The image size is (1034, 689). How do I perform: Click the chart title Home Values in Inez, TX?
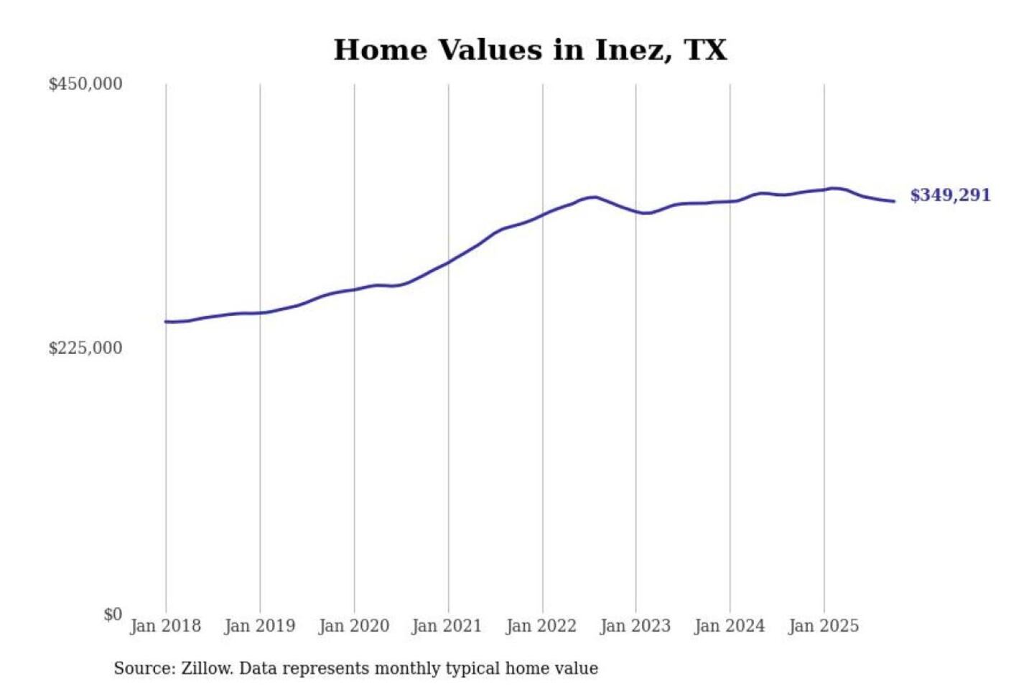click(x=530, y=50)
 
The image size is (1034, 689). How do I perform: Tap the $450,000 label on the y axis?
click(x=85, y=84)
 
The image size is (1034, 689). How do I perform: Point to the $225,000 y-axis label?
click(x=85, y=348)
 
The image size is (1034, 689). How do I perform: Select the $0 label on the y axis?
click(x=113, y=614)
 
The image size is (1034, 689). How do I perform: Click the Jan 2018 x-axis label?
click(x=165, y=626)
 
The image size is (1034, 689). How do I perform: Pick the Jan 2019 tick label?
click(x=259, y=626)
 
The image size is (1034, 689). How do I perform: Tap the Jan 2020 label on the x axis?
click(x=353, y=626)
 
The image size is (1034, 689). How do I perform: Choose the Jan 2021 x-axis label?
click(x=447, y=626)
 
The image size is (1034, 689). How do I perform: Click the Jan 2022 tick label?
click(x=541, y=626)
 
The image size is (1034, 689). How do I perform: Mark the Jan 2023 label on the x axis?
click(x=635, y=626)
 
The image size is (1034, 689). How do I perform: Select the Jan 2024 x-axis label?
click(x=729, y=626)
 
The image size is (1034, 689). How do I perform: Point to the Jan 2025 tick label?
click(x=823, y=626)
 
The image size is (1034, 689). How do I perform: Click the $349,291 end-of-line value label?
click(x=950, y=195)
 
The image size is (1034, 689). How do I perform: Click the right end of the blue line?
click(x=894, y=201)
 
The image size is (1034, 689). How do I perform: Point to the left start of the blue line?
click(x=166, y=322)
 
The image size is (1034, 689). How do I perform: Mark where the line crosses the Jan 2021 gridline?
click(x=449, y=262)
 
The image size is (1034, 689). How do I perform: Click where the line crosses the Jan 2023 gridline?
click(x=635, y=211)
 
